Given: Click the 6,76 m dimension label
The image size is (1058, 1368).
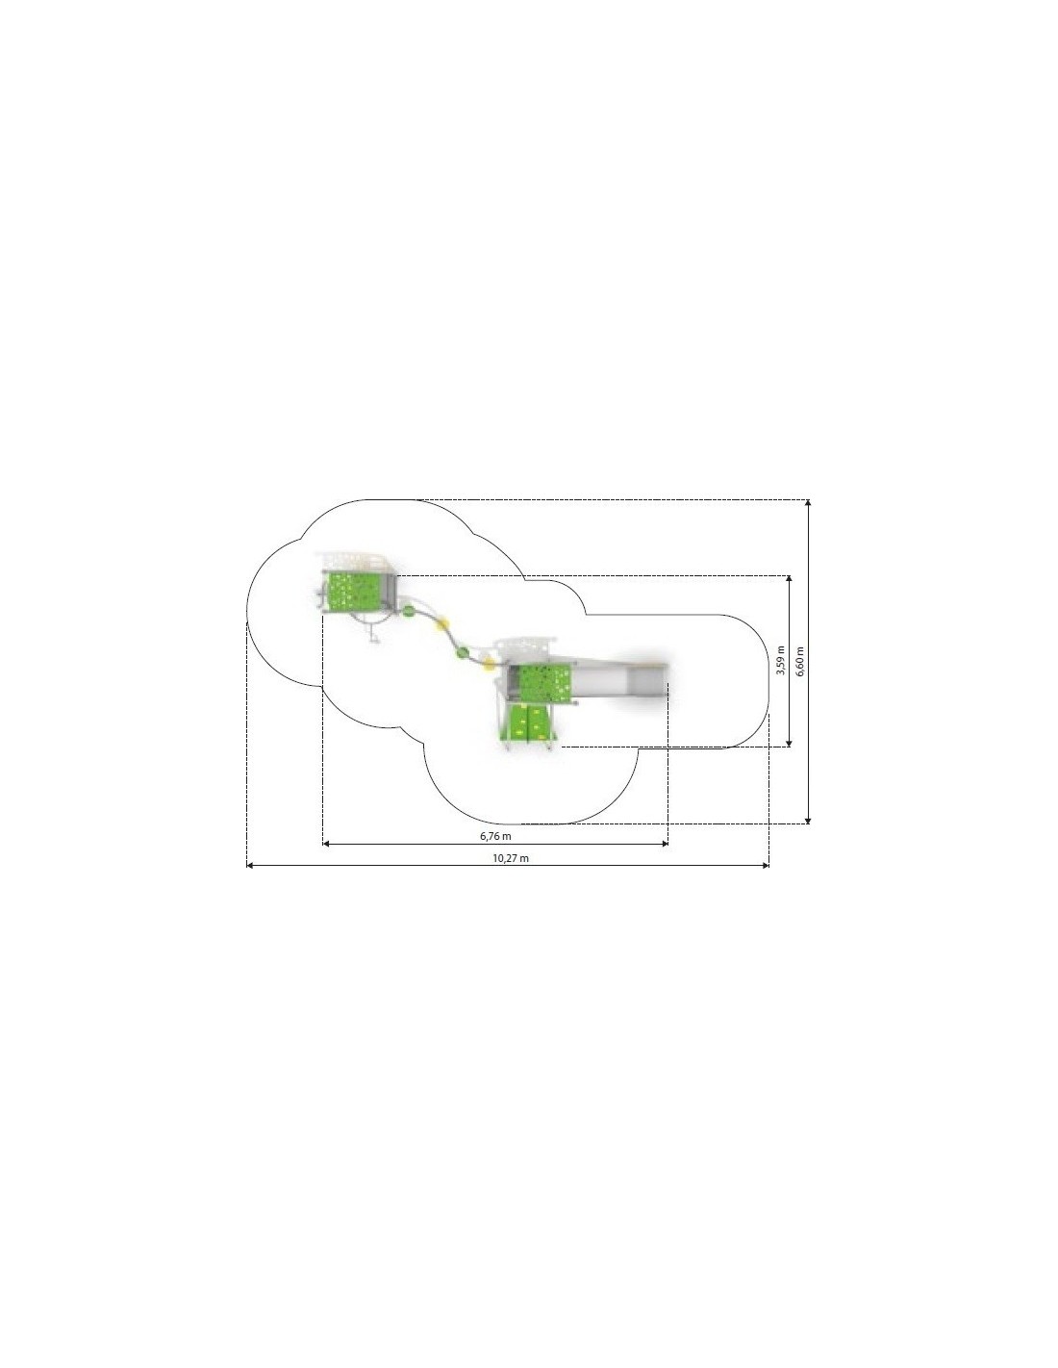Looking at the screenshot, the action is [495, 836].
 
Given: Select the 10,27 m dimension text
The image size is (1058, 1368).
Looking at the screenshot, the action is [511, 858].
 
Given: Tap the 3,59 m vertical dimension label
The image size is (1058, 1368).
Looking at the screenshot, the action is [780, 660].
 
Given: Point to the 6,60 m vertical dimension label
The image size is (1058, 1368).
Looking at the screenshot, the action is [799, 661].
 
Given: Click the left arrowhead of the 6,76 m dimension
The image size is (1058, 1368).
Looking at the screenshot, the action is [326, 844].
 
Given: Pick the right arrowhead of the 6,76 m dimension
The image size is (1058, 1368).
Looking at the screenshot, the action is [664, 844].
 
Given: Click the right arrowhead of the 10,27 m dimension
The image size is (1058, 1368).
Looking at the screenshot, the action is [765, 866].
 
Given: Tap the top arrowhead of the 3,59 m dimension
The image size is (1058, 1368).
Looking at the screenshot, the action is [789, 579].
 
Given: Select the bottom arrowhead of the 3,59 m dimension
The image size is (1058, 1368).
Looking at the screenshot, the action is [789, 743].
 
